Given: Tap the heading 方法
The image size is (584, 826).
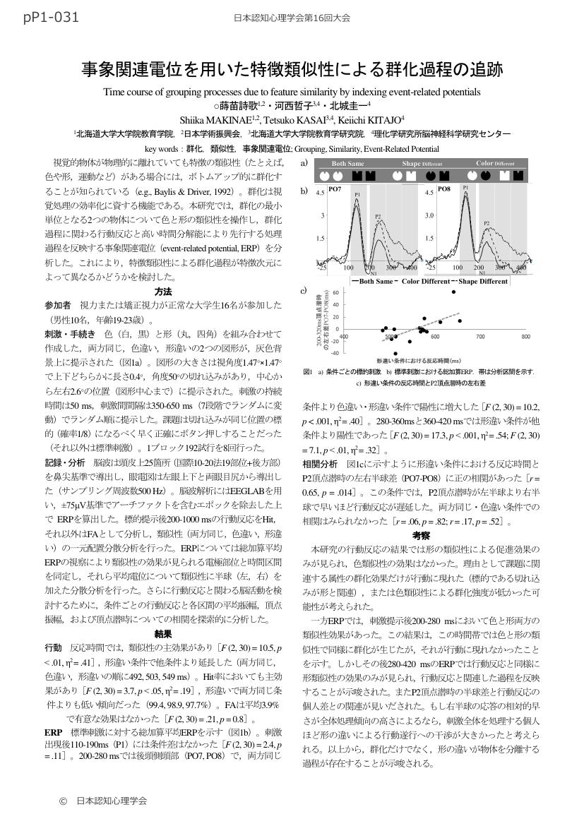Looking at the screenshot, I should pos(163,292).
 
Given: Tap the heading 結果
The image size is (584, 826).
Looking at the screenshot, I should pos(163,634).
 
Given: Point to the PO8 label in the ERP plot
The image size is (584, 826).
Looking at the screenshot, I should pos(444,190).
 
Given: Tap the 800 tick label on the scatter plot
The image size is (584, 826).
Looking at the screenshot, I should pos(525,337).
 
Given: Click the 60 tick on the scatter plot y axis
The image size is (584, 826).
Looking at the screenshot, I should pos(336,292).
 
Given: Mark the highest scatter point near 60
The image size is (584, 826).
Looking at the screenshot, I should pos(454,291).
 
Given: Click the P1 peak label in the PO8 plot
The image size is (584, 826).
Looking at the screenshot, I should pos(465,188).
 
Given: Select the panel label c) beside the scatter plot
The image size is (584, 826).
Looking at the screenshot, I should pos(304,290).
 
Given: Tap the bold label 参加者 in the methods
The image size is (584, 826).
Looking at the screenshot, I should pos(58,305).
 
